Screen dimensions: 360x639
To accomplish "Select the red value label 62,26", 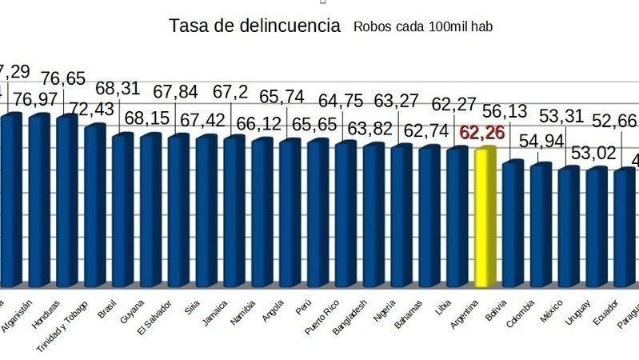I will [x=481, y=132].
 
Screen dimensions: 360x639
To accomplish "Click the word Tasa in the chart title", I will [x=186, y=26].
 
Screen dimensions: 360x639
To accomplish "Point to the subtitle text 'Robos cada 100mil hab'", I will [x=422, y=27].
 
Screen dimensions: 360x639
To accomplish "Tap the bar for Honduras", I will [x=67, y=200].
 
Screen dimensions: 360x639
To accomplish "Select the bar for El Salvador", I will [x=178, y=210].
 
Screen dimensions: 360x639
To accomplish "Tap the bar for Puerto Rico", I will [x=345, y=214].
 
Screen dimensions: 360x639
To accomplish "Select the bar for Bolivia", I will [x=513, y=224].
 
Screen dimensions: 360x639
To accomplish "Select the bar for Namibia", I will [x=262, y=213].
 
